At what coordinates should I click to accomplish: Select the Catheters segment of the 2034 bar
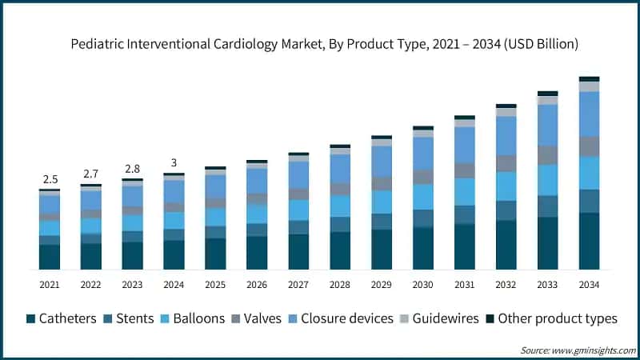pyautogui.click(x=590, y=240)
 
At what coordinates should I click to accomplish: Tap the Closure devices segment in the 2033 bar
pyautogui.click(x=548, y=125)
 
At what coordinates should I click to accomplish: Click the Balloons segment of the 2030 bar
pyautogui.click(x=423, y=197)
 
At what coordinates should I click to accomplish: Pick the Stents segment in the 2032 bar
pyautogui.click(x=506, y=210)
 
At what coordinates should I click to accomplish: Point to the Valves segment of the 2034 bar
pyautogui.click(x=590, y=146)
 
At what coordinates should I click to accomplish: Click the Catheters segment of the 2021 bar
pyautogui.click(x=50, y=256)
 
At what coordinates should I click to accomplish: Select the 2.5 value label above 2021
pyautogui.click(x=50, y=178)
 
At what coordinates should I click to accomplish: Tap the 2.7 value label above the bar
pyautogui.click(x=91, y=174)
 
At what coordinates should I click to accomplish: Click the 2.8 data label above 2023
pyautogui.click(x=133, y=168)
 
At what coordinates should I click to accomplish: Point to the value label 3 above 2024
pyautogui.click(x=174, y=162)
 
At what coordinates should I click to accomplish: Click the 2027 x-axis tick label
pyautogui.click(x=298, y=285)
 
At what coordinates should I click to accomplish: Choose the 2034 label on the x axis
pyautogui.click(x=590, y=285)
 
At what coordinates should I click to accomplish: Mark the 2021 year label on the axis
pyautogui.click(x=50, y=285)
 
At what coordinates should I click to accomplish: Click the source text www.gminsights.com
pyautogui.click(x=576, y=350)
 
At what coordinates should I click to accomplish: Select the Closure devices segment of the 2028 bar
pyautogui.click(x=340, y=168)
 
